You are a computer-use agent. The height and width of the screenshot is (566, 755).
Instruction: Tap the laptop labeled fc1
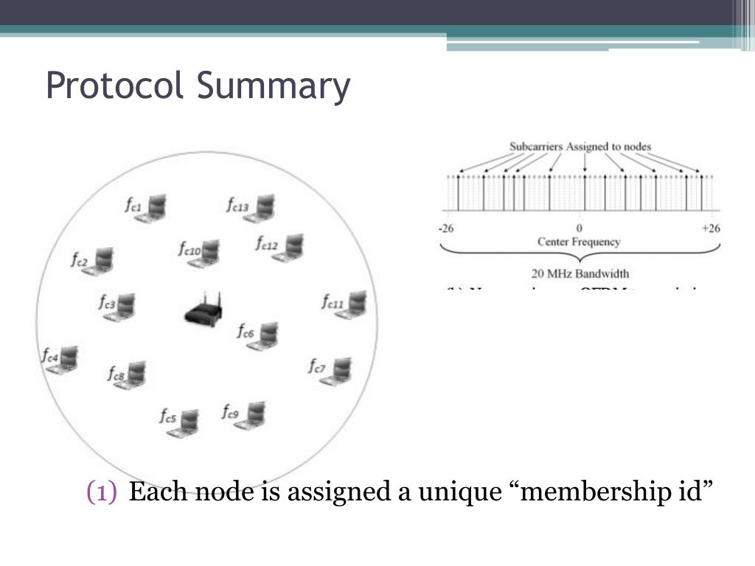[x=154, y=208]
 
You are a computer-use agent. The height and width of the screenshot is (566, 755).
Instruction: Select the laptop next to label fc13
[x=262, y=209]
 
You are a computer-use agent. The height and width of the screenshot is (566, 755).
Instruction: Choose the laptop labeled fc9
[x=253, y=416]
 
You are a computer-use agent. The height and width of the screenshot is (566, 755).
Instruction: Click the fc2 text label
[x=80, y=260]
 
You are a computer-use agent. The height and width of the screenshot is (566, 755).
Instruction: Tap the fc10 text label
[x=189, y=249]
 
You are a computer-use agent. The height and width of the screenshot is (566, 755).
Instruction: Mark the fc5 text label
[x=168, y=417]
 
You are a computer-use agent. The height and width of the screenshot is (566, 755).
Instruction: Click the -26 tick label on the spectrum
[x=445, y=228]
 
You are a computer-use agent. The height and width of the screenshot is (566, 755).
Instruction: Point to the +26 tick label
[x=711, y=228]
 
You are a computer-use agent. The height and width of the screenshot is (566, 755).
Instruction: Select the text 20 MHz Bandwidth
[x=580, y=273]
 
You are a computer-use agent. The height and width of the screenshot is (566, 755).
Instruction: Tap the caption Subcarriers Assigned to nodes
[x=580, y=147]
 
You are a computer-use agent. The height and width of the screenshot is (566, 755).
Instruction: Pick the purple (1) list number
[x=102, y=492]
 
